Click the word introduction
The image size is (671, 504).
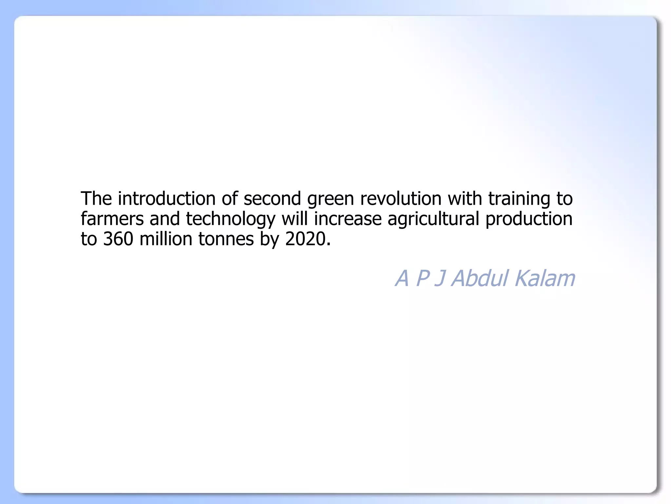coord(167,199)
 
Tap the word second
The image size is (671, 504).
coord(272,199)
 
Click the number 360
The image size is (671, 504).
coord(118,239)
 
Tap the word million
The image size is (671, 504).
coord(166,239)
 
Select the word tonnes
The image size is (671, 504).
coord(226,239)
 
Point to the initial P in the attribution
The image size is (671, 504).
coord(423,278)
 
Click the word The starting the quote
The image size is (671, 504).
coord(96,199)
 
